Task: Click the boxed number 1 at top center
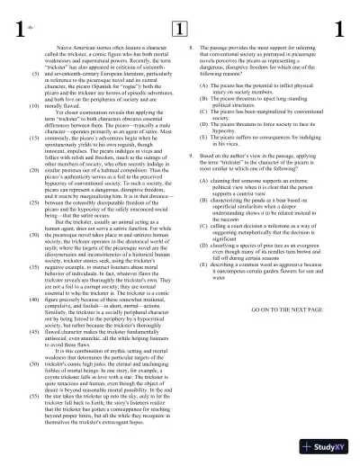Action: point(178,28)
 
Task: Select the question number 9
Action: point(190,156)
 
